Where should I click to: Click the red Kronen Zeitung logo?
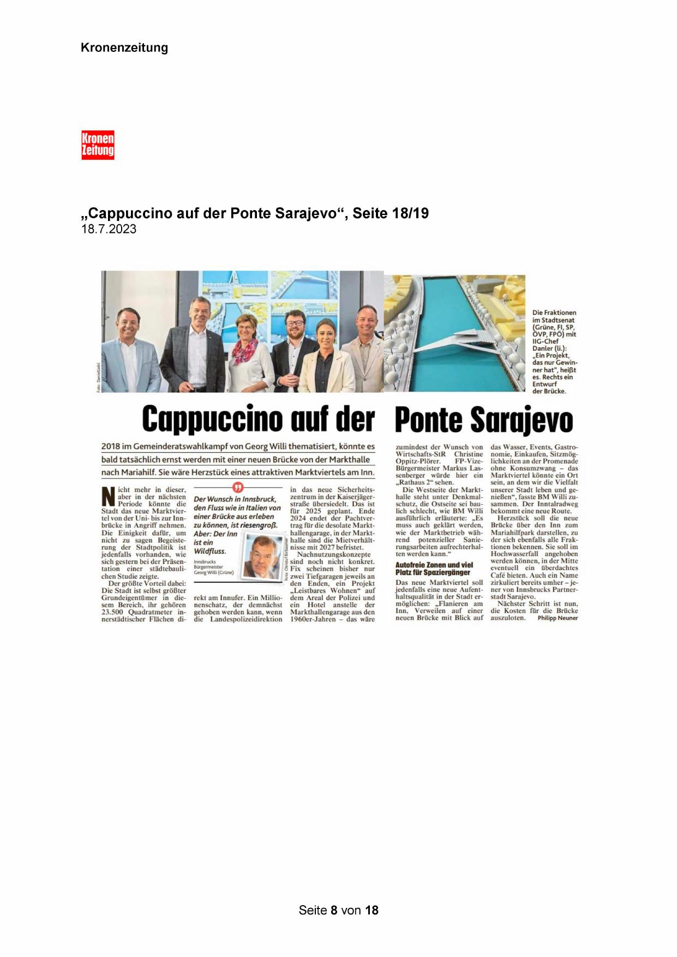98,145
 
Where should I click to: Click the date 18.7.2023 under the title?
109,229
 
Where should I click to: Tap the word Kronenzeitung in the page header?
124,47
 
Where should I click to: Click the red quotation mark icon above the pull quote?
237,488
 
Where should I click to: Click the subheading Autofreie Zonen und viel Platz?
434,569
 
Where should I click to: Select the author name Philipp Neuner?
557,618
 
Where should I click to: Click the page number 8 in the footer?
334,910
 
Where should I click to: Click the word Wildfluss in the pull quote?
210,551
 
